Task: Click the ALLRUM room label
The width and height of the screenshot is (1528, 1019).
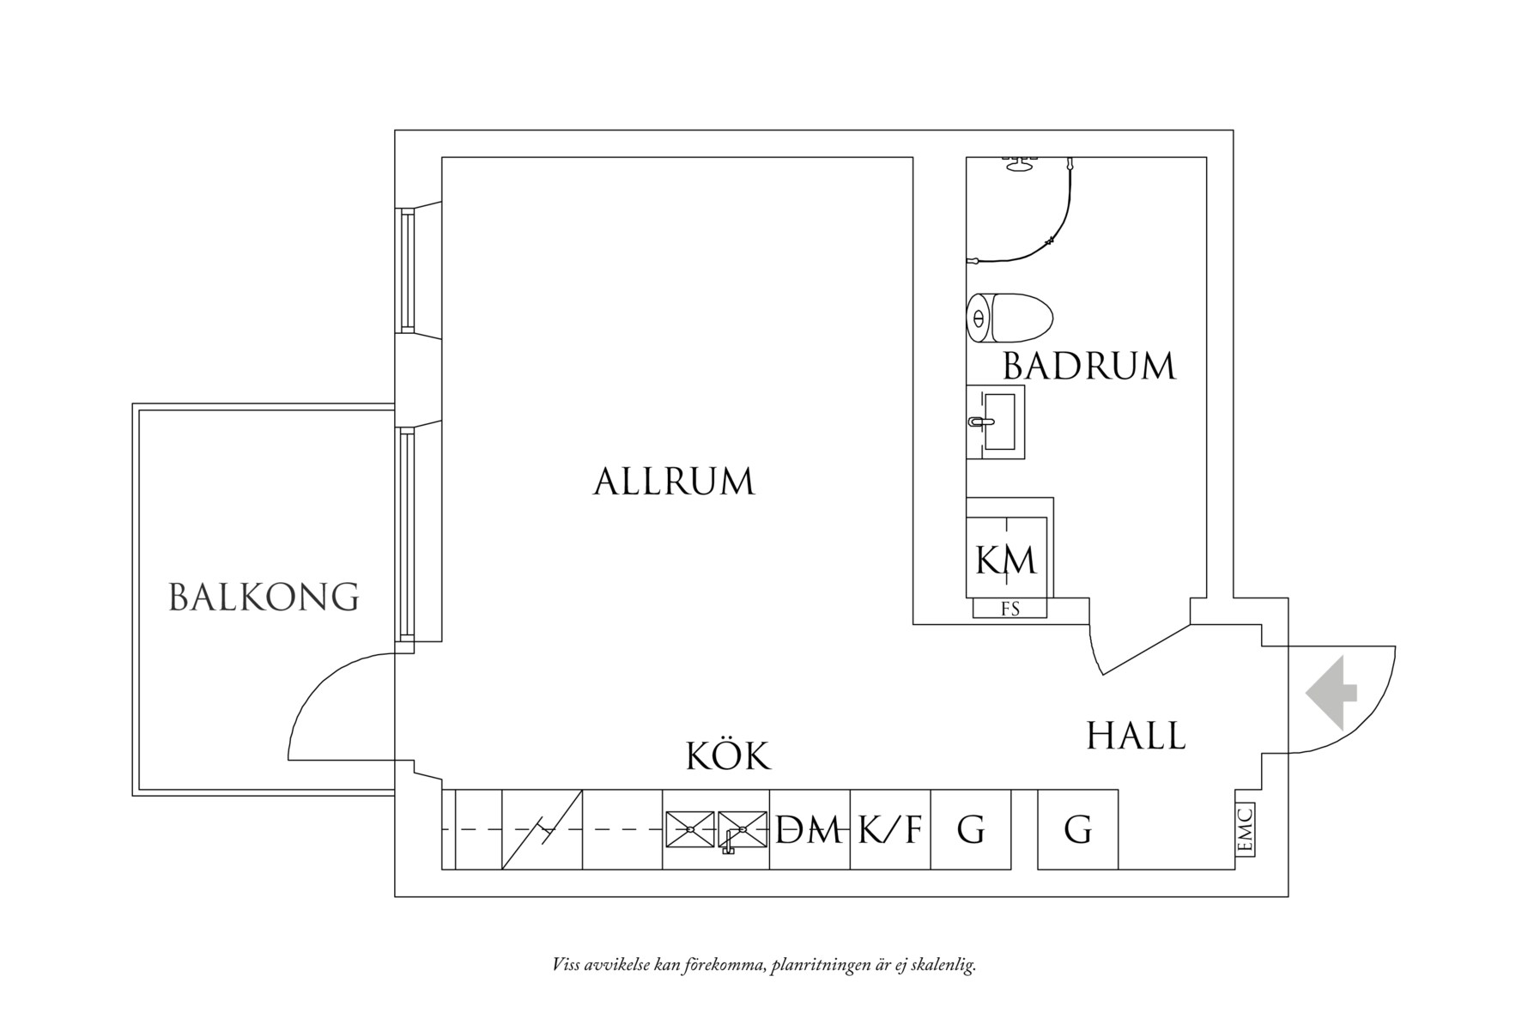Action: pos(674,482)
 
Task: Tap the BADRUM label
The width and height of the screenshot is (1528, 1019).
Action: pos(1088,367)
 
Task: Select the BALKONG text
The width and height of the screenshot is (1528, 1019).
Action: pos(264,597)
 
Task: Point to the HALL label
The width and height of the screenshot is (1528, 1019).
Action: pos(1136,736)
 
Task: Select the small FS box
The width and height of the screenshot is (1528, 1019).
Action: pos(1010,609)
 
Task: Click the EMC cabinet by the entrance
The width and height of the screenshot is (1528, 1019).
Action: pos(1246,829)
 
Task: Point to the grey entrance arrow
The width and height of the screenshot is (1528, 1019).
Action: pos(1331,693)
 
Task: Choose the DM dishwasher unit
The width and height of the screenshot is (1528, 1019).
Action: pos(809,829)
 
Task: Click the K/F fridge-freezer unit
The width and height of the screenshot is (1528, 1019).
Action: pos(890,829)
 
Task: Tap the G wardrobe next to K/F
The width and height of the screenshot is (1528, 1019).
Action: pos(971,829)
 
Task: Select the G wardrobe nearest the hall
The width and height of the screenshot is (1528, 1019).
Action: pos(1078,829)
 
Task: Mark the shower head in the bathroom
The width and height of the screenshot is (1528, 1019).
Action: pos(1020,164)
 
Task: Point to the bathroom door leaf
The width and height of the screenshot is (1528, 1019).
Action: pos(1145,650)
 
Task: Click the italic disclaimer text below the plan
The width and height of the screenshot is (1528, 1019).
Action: pos(765,965)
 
